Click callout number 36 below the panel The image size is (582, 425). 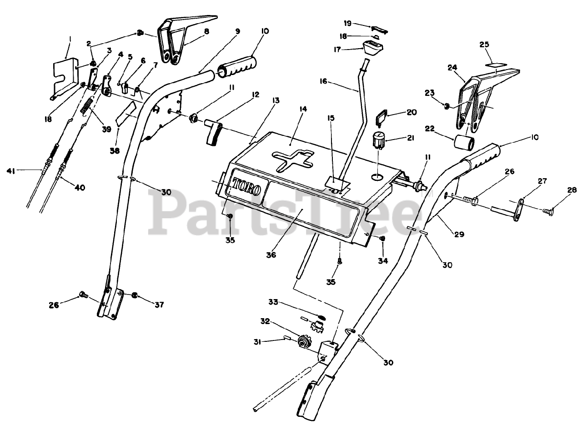coord(271,255)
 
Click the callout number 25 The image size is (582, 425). coord(484,45)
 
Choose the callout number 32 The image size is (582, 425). coord(266,321)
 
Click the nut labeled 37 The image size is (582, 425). coord(135,295)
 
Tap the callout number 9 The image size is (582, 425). coord(237,31)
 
